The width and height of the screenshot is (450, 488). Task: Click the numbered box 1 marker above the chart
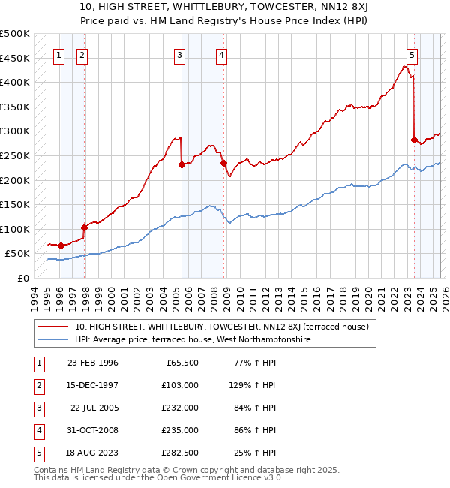coord(59,54)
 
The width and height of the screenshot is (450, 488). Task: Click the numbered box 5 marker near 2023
coord(412,54)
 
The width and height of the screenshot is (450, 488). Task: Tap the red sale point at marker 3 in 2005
coord(181,165)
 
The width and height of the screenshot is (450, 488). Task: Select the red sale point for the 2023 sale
coord(414,140)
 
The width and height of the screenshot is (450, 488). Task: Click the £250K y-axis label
coord(15,156)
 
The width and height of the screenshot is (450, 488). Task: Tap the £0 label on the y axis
coord(22,279)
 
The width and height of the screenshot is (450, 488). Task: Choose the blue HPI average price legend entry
coord(192,340)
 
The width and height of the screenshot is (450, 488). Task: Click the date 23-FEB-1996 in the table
coord(92,363)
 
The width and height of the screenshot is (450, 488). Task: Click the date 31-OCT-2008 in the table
coord(92,430)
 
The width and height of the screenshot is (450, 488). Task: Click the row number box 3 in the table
coord(37,408)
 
